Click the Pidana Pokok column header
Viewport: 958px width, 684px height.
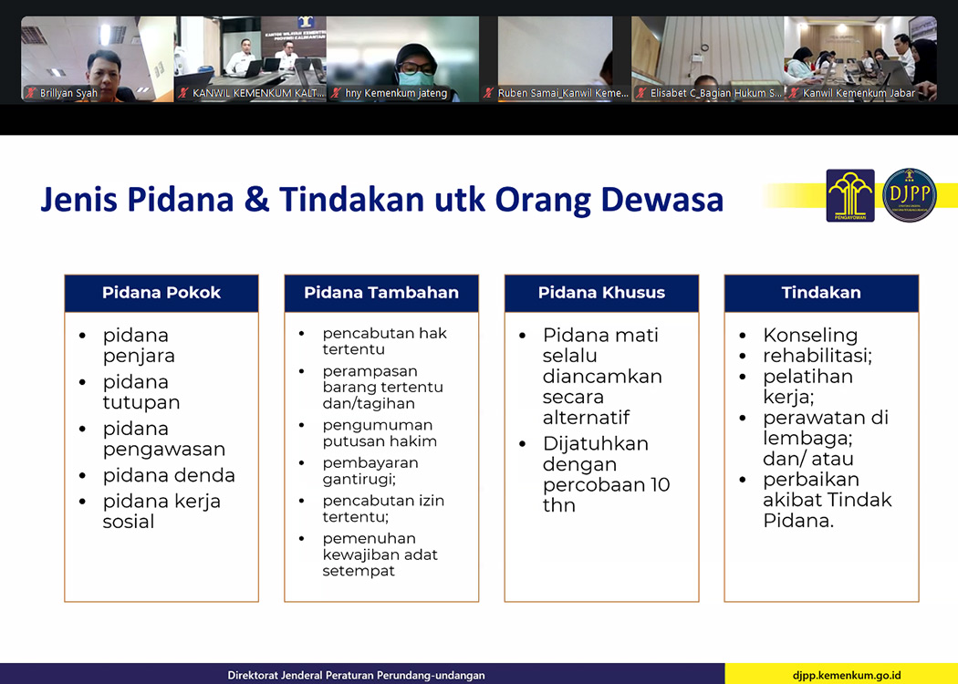pyautogui.click(x=161, y=293)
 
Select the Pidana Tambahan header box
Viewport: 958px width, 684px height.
pyautogui.click(x=381, y=293)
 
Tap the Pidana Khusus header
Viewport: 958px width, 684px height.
pyautogui.click(x=601, y=293)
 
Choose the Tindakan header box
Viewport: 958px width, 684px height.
pyautogui.click(x=821, y=293)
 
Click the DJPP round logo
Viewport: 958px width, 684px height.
pyautogui.click(x=909, y=195)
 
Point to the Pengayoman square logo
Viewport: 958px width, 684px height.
pyautogui.click(x=850, y=195)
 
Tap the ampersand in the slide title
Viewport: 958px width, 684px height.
pyautogui.click(x=256, y=200)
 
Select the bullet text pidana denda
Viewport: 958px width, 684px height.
pyautogui.click(x=169, y=475)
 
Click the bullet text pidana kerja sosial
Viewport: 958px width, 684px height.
pyautogui.click(x=161, y=511)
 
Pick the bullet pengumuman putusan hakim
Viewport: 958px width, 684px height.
pyautogui.click(x=380, y=433)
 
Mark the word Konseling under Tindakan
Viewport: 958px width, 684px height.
pyautogui.click(x=810, y=336)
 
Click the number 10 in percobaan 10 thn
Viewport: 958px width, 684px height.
pyautogui.click(x=660, y=485)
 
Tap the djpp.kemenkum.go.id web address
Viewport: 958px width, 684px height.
pyautogui.click(x=847, y=676)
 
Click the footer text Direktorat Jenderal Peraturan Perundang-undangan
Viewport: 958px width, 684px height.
pyautogui.click(x=356, y=676)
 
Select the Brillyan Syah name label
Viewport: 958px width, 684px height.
pyautogui.click(x=68, y=93)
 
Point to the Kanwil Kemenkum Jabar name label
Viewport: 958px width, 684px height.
pyautogui.click(x=859, y=93)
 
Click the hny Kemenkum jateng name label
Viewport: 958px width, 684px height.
pyautogui.click(x=396, y=93)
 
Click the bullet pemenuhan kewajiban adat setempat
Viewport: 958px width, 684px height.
pyautogui.click(x=380, y=554)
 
